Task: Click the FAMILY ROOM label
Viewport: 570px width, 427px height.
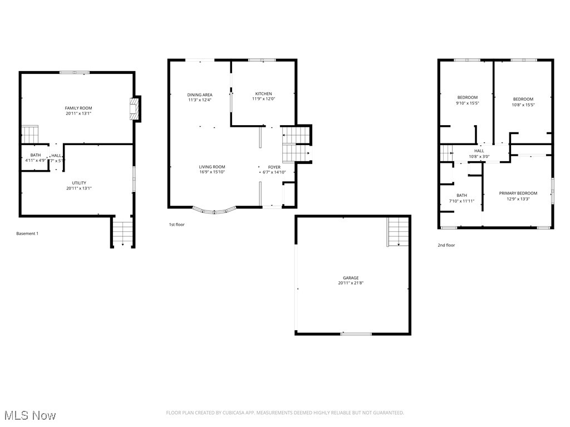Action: click(78, 108)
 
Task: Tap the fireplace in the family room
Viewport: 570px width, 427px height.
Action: click(134, 109)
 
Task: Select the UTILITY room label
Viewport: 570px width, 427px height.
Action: click(78, 183)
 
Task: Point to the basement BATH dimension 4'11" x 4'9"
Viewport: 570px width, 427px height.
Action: click(36, 161)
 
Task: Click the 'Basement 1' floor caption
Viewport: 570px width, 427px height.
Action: click(27, 234)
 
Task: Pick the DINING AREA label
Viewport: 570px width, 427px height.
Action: click(200, 95)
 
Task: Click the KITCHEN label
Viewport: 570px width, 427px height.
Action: click(264, 93)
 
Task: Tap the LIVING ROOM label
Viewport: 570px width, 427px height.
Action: click(213, 167)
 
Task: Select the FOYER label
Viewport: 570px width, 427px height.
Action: click(274, 167)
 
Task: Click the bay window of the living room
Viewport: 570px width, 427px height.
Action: click(214, 211)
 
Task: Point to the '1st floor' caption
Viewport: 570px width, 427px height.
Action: click(177, 225)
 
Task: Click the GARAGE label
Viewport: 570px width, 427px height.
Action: click(351, 278)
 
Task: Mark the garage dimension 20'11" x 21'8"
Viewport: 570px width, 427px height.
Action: click(351, 283)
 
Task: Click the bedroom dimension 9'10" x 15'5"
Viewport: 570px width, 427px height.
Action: click(468, 103)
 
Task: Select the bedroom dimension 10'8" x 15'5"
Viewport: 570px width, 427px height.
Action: click(523, 105)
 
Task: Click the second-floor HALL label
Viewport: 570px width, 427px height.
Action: click(479, 151)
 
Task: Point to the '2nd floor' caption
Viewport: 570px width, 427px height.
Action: click(446, 245)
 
